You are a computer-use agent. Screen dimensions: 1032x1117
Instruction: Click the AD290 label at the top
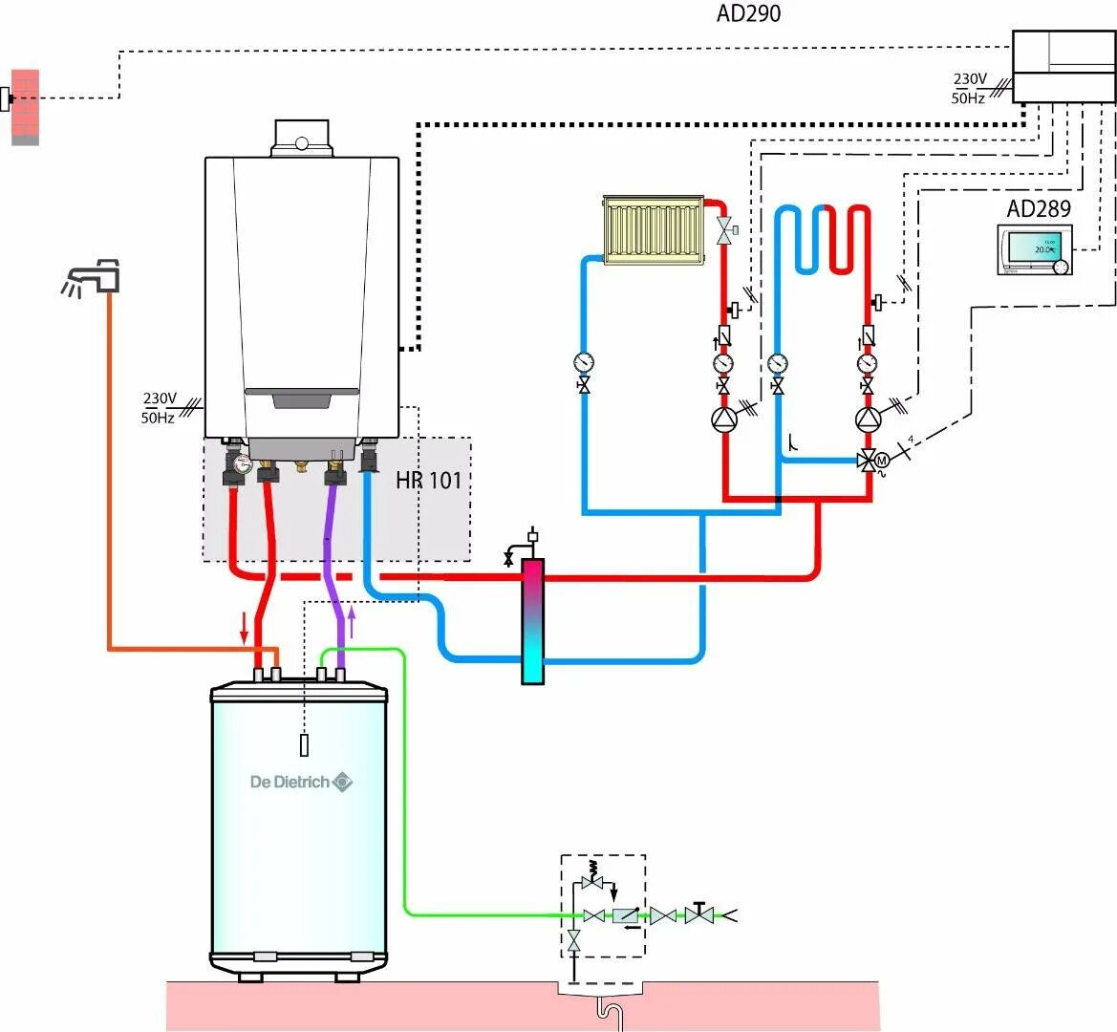(748, 14)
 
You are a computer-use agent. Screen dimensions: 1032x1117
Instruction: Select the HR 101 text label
(428, 480)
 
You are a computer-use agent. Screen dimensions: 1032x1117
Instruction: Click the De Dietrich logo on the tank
(301, 782)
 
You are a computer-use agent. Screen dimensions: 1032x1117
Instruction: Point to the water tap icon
(96, 276)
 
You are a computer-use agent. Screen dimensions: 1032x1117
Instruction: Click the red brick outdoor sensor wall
(25, 106)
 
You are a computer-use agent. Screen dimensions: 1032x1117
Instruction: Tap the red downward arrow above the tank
(245, 627)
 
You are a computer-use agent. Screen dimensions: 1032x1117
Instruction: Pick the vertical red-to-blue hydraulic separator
(532, 621)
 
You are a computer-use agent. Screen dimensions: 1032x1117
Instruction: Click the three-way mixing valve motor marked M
(883, 461)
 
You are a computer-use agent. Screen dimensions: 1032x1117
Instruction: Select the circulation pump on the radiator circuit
(723, 419)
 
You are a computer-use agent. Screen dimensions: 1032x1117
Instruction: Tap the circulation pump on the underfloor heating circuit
(868, 419)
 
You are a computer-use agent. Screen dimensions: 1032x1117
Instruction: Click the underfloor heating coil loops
(823, 239)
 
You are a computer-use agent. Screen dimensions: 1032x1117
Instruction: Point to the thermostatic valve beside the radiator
(725, 229)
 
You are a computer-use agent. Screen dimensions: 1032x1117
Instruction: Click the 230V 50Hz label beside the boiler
(160, 407)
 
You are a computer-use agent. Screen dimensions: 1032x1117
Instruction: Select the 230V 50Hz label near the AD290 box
(969, 88)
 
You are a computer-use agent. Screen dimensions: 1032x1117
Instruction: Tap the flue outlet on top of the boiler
(301, 138)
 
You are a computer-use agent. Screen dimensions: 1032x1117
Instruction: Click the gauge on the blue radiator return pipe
(583, 362)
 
